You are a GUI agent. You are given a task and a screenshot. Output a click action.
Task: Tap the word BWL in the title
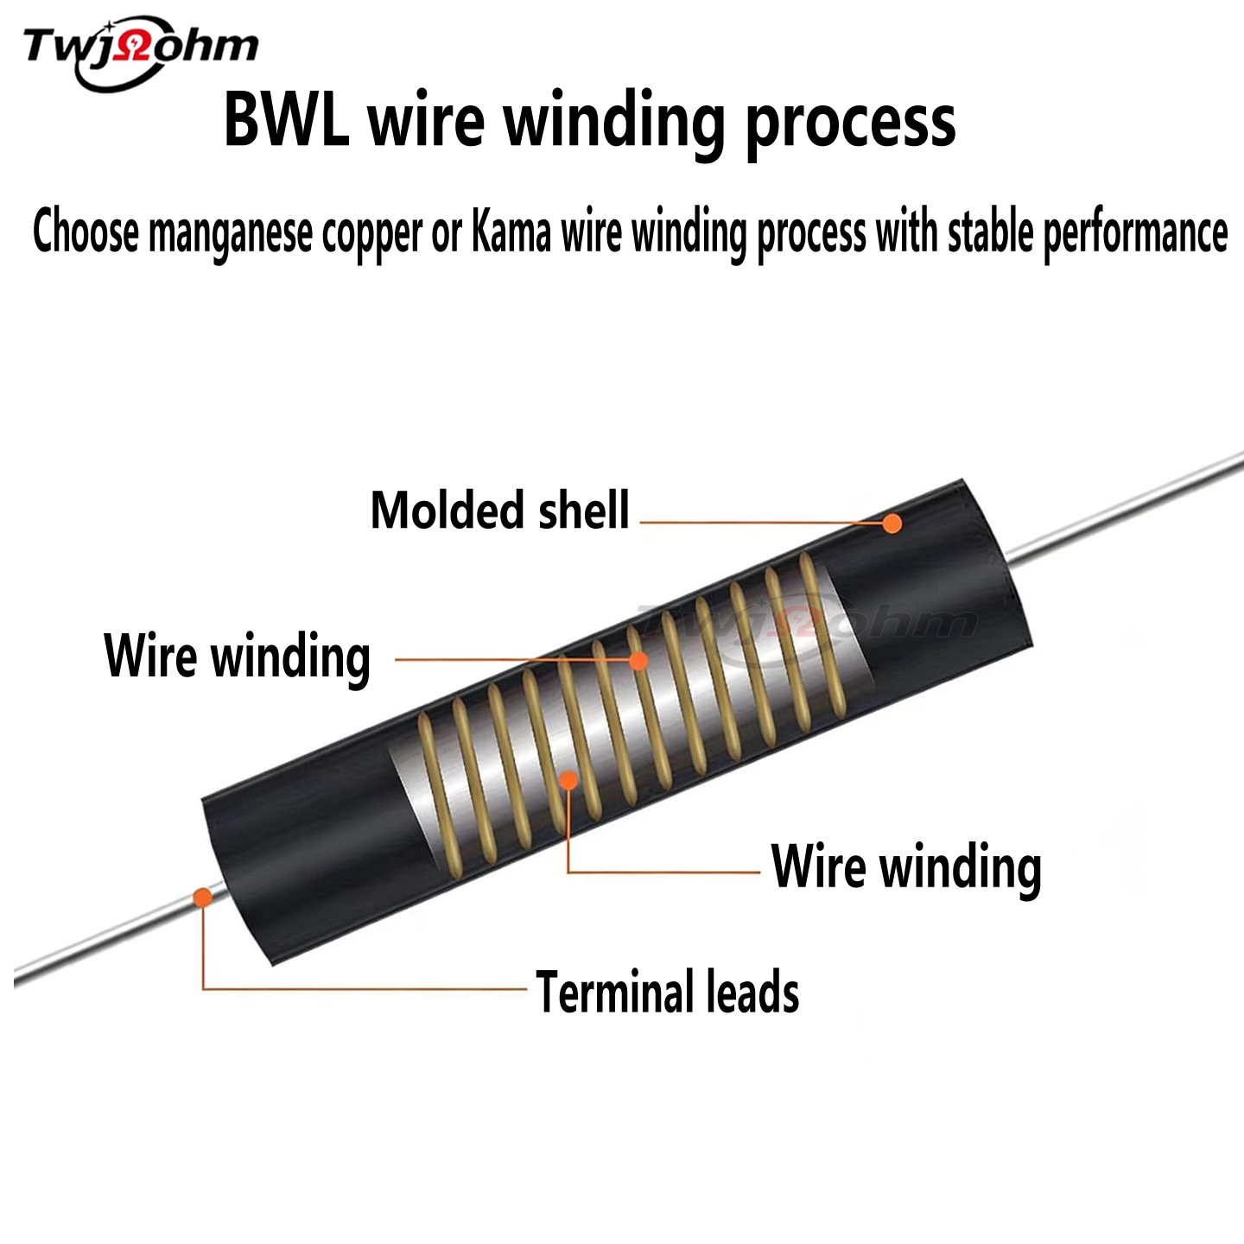286,121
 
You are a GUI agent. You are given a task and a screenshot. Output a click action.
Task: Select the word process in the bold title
850,123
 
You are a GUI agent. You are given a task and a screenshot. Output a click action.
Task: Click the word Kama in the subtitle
511,232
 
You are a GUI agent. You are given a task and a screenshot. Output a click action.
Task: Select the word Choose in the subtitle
86,232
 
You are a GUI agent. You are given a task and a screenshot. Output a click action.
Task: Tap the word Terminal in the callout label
614,991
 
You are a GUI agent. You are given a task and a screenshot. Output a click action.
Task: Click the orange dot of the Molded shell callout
892,523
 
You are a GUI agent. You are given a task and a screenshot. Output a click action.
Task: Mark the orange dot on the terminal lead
202,897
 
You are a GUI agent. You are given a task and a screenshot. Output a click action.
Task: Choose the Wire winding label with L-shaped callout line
906,866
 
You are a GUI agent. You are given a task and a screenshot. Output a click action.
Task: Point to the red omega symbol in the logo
136,47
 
